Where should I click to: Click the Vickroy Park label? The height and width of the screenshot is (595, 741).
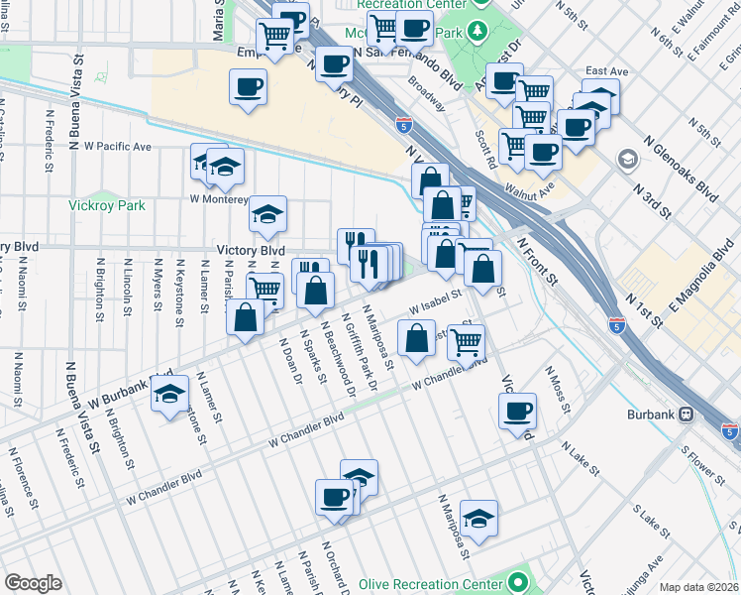pos(107,205)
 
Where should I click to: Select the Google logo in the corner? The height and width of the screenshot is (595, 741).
pos(34,583)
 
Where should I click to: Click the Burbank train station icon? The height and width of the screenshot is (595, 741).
pos(686,414)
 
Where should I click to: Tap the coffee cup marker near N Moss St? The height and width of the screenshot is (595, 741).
pos(516,412)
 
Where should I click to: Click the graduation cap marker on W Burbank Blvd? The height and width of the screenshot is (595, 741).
pos(169,394)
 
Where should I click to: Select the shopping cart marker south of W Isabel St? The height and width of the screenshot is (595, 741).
pos(465,342)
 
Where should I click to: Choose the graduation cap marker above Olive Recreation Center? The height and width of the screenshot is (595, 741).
pos(478,518)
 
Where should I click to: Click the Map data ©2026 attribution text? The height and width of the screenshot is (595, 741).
pos(698,587)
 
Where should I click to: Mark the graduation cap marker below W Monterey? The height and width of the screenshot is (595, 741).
pos(266,213)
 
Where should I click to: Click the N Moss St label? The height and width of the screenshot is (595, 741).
pos(557,388)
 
